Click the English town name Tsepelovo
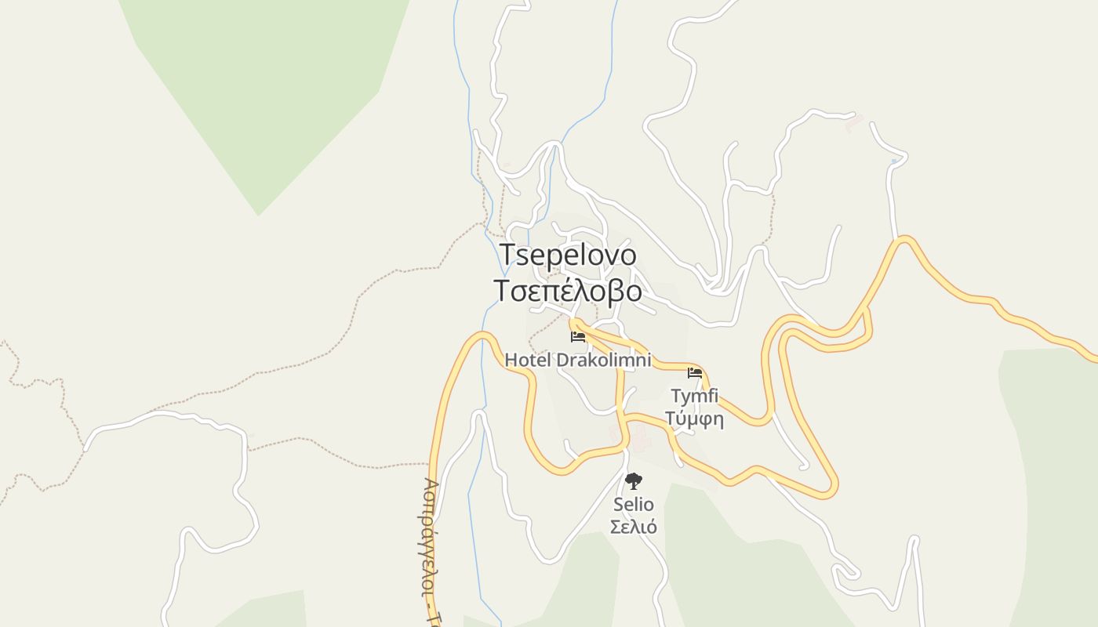[569, 255]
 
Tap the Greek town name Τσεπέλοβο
[569, 290]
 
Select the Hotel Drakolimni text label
[578, 360]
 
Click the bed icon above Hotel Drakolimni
[578, 337]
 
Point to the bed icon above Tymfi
[695, 372]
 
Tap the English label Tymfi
[695, 396]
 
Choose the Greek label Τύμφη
[695, 419]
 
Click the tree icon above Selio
[634, 480]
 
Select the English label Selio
[634, 505]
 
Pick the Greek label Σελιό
[634, 527]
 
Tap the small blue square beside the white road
[894, 161]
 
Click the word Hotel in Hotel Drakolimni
[528, 360]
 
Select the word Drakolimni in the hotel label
[604, 360]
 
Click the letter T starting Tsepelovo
[507, 255]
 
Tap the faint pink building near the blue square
[854, 121]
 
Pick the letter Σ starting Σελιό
[616, 527]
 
